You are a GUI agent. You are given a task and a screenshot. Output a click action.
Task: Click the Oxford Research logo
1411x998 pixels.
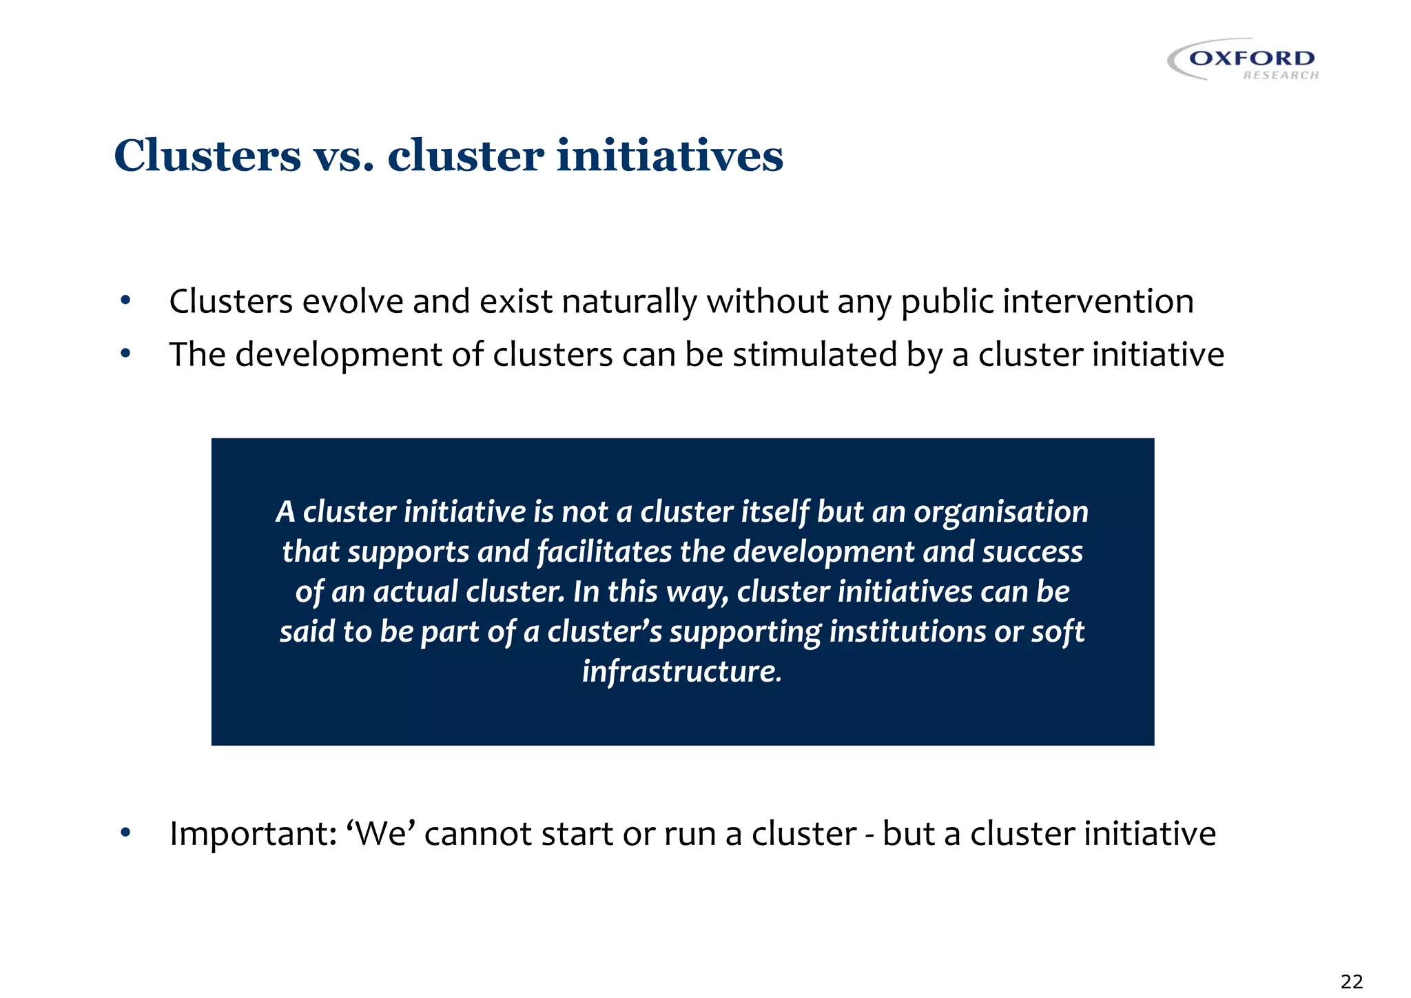[1244, 60]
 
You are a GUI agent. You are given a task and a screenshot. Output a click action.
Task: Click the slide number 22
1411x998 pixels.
[1352, 981]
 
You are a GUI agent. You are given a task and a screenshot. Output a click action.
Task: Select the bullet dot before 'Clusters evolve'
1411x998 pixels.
[125, 301]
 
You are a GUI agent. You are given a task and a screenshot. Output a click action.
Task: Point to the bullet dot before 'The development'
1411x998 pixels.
[125, 354]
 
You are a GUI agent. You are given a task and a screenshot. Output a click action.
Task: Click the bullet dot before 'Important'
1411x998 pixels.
[125, 833]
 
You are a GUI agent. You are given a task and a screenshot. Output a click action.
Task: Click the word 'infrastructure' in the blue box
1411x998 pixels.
[681, 671]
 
